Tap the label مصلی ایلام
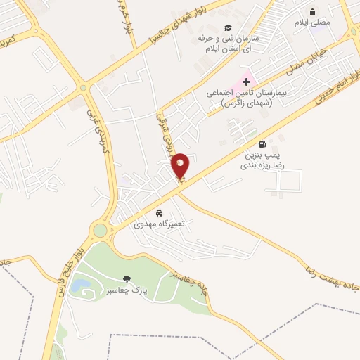(313, 22)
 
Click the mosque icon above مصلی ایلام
(313, 11)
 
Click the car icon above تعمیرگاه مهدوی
(160, 212)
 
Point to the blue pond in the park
(82, 284)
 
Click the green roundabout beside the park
(101, 230)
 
